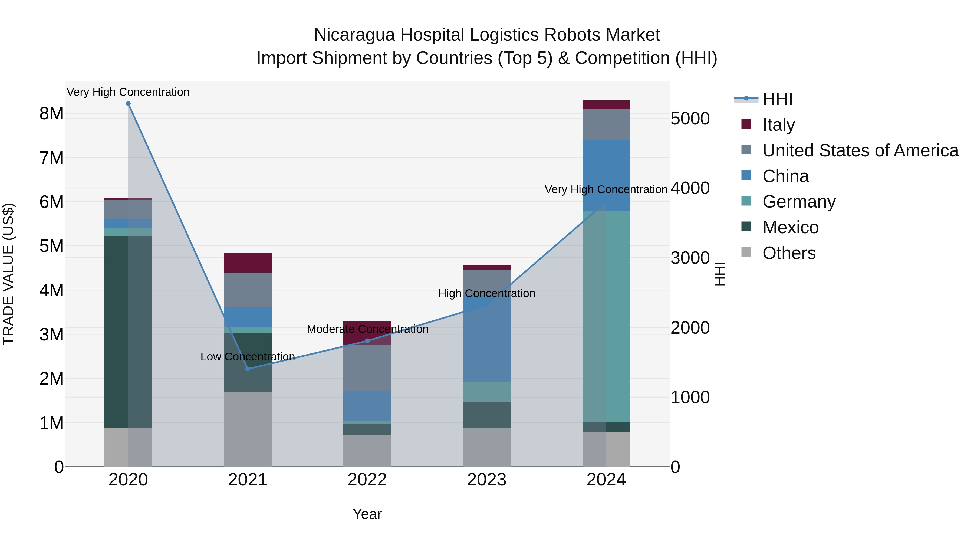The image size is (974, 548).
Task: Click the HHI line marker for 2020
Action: (128, 104)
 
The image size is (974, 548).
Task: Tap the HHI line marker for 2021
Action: (248, 369)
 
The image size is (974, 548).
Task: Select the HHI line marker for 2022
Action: (367, 341)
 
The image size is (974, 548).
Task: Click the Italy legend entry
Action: (778, 124)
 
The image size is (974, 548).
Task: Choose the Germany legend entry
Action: (799, 202)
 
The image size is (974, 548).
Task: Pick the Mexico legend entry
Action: (790, 227)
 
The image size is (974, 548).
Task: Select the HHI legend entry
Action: (777, 99)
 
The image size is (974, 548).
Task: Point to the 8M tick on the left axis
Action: (51, 113)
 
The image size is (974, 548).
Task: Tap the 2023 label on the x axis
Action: (487, 480)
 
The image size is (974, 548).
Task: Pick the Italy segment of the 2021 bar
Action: (248, 262)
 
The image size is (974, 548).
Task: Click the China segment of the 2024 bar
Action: (606, 175)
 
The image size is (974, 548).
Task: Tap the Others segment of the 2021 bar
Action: (248, 429)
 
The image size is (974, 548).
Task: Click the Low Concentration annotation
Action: (248, 357)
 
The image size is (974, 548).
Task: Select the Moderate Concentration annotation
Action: (367, 329)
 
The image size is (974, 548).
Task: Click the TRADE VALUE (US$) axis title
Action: (8, 274)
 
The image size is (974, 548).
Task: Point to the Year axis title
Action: (367, 514)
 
